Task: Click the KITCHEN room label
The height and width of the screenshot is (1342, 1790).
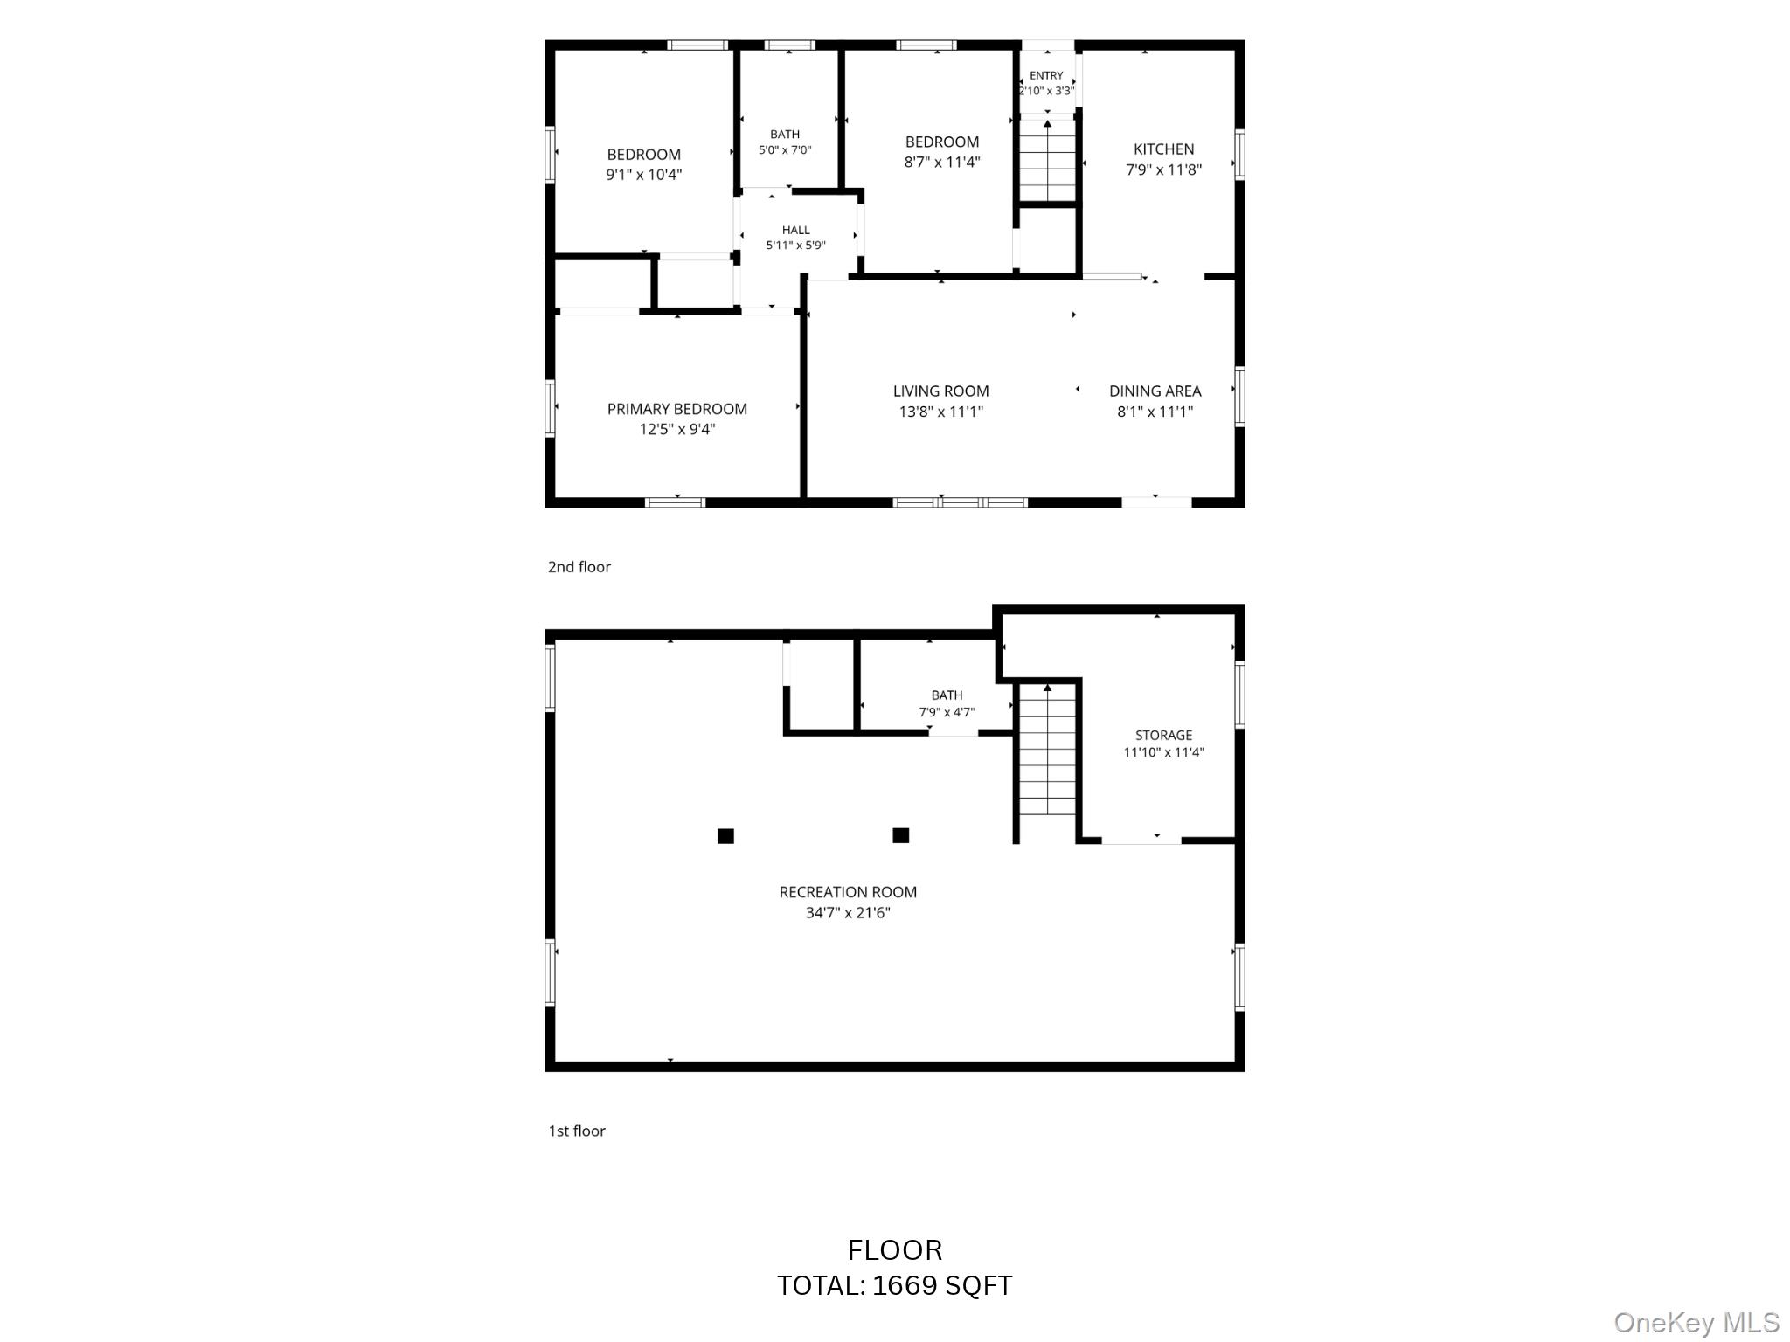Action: pos(1163,149)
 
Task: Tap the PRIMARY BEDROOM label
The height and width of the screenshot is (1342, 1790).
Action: pos(677,409)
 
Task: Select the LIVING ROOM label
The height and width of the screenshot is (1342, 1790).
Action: pos(941,391)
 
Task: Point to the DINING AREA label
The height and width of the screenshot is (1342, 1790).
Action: pos(1155,391)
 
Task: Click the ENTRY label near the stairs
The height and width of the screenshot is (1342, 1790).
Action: pos(1046,76)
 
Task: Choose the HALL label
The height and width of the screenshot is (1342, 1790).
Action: pos(796,231)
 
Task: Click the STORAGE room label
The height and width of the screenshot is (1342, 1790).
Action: pos(1164,736)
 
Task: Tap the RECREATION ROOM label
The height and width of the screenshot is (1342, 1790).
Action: pos(848,892)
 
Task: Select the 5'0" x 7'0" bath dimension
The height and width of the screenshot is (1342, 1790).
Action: pos(785,150)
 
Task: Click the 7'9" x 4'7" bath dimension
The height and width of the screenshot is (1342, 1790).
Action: pos(947,712)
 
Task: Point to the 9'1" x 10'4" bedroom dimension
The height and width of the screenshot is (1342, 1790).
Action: pos(644,175)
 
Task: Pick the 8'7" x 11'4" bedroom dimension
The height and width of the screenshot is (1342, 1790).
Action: pos(942,162)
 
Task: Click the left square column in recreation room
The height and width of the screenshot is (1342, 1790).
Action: pos(725,836)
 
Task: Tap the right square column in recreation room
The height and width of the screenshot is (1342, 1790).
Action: pos(901,836)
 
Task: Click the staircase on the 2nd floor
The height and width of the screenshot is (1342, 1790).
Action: pos(1048,161)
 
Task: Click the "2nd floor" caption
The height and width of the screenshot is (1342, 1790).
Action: pos(579,567)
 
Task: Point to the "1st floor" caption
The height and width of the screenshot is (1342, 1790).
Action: pos(577,1131)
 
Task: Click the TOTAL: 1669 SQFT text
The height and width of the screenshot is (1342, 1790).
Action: pos(895,1285)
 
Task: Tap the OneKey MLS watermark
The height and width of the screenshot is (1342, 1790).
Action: pos(1696,1323)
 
